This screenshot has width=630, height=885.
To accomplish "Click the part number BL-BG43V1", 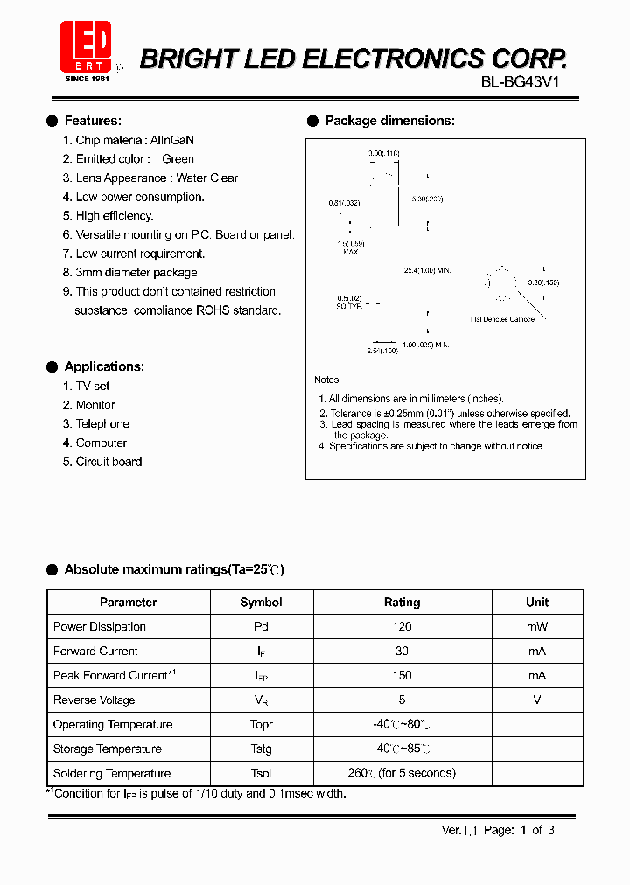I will pyautogui.click(x=520, y=83).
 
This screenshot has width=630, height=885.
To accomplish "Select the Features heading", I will pyautogui.click(x=93, y=121).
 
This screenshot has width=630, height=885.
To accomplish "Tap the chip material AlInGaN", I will pyautogui.click(x=172, y=140).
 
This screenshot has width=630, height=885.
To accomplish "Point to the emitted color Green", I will pyautogui.click(x=178, y=159).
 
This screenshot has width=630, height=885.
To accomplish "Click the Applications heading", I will pyautogui.click(x=104, y=366).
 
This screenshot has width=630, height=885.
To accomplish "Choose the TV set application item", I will pyautogui.click(x=93, y=386).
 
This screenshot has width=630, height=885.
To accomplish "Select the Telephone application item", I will pyautogui.click(x=102, y=424).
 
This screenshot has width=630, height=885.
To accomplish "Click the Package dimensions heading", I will pyautogui.click(x=389, y=121).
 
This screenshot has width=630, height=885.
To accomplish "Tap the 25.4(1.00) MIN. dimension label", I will pyautogui.click(x=427, y=271).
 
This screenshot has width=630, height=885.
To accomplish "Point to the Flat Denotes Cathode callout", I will pyautogui.click(x=502, y=319).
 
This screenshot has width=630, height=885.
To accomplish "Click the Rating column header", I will pyautogui.click(x=402, y=603).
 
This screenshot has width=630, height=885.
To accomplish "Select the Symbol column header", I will pyautogui.click(x=261, y=603).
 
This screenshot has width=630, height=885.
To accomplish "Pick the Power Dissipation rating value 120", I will pyautogui.click(x=402, y=627).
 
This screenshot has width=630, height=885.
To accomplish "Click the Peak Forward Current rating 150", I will pyautogui.click(x=402, y=676).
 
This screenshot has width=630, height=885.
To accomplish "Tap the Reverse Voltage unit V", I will pyautogui.click(x=537, y=700).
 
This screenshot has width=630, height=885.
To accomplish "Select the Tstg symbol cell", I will pyautogui.click(x=261, y=749).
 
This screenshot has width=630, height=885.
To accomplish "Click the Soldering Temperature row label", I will pyautogui.click(x=112, y=774).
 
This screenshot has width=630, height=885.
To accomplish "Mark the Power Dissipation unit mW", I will pyautogui.click(x=537, y=627).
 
